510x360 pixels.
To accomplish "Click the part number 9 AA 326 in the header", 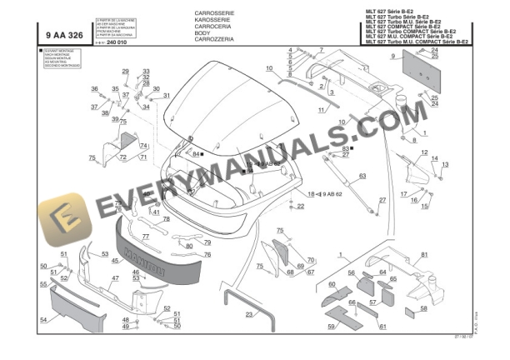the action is (64, 35).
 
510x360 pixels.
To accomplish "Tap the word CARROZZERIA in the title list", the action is (215, 39).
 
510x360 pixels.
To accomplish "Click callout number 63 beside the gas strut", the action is (362, 176).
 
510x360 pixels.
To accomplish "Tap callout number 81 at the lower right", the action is (424, 254).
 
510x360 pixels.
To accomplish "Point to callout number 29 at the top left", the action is (126, 72).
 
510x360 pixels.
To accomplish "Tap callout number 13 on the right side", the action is (444, 164).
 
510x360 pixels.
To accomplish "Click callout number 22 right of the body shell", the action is (301, 205).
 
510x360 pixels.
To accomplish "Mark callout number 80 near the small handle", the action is (189, 246).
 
